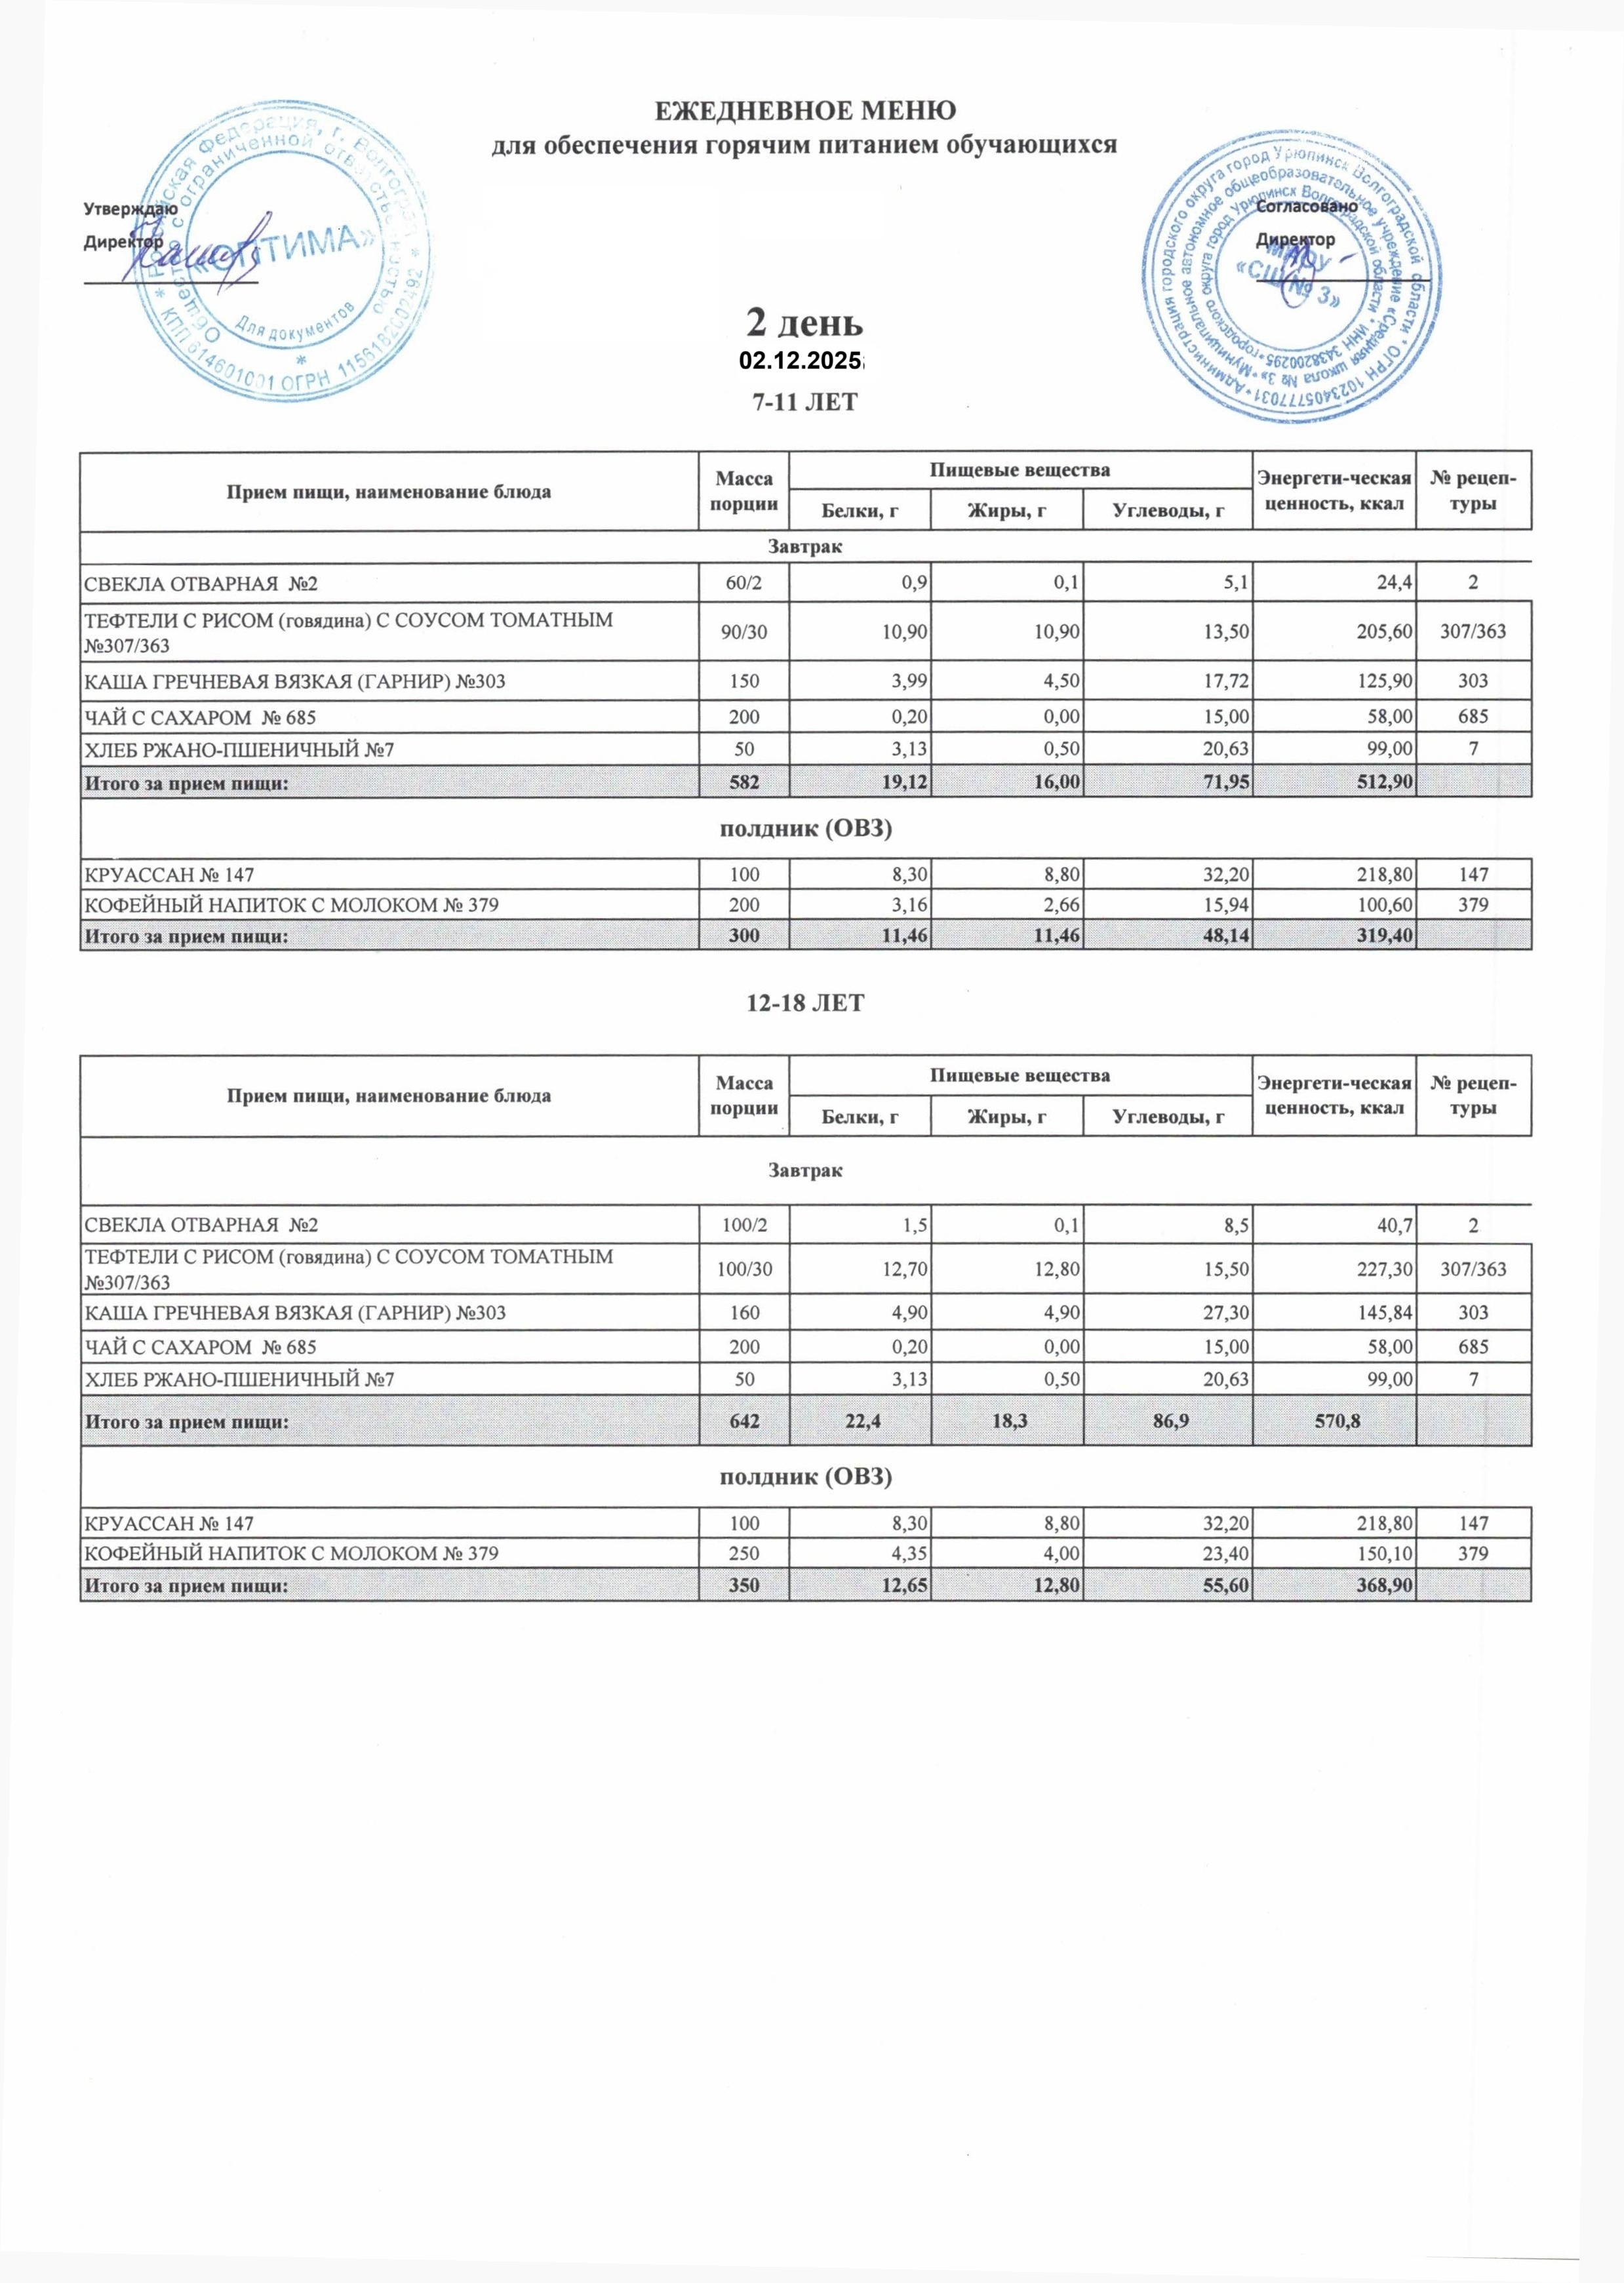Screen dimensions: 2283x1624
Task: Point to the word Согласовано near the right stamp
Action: [x=1306, y=206]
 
